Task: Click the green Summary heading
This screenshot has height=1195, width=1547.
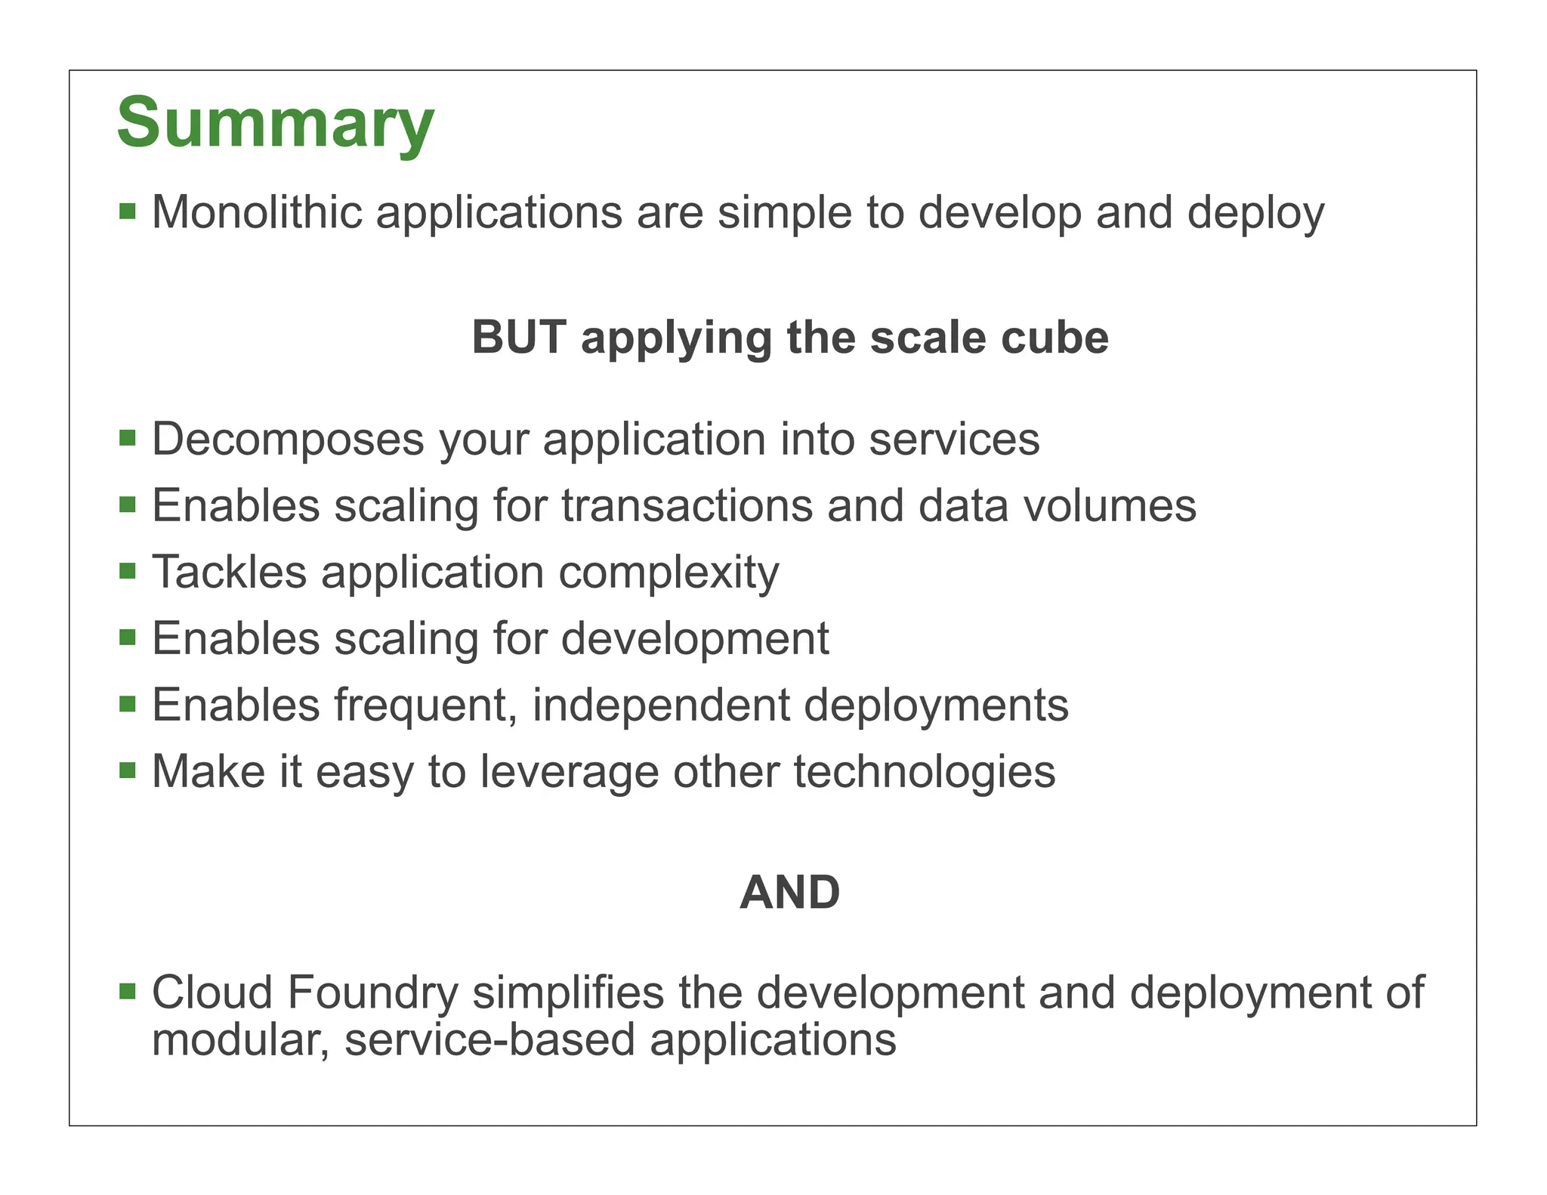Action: point(276,122)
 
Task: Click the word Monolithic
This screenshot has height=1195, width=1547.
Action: point(257,212)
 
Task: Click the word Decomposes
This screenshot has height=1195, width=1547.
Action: point(288,439)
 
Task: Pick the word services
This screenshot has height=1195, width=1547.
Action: point(953,439)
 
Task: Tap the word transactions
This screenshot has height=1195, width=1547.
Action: point(687,505)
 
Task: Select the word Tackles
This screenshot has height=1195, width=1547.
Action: point(229,572)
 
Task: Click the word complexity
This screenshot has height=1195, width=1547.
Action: point(669,573)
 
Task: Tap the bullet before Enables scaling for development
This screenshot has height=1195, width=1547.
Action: point(128,638)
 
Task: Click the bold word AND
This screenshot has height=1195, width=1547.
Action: point(789,893)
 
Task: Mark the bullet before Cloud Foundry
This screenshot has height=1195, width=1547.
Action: point(128,990)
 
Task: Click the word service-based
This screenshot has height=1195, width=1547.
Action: point(489,1040)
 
